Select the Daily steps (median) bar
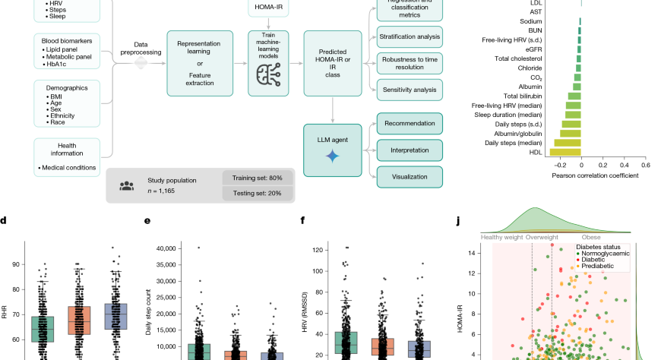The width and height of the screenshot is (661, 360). [568, 142]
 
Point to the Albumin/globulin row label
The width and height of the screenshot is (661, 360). [514, 132]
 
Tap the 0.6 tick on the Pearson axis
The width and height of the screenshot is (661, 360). [645, 164]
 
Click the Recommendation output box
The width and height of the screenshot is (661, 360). [410, 123]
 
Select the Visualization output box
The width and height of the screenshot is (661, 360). [410, 177]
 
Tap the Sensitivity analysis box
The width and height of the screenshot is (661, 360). [410, 90]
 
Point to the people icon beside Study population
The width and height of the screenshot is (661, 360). [127, 185]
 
